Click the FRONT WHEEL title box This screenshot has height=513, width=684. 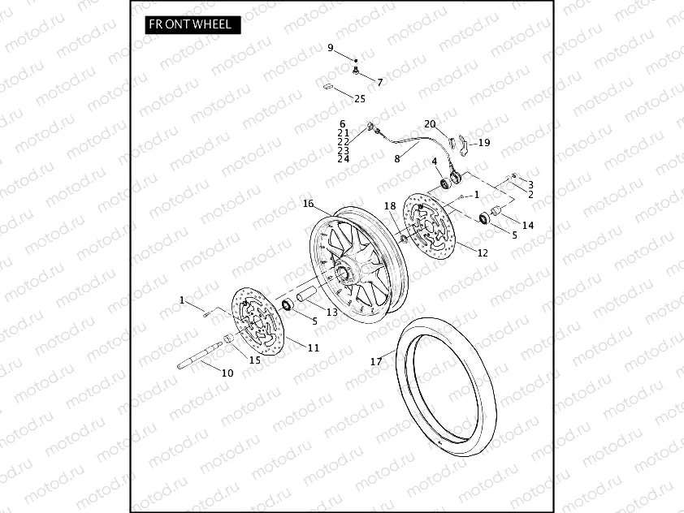tap(189, 24)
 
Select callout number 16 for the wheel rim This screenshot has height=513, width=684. tap(308, 203)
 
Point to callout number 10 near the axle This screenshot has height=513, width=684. tap(227, 373)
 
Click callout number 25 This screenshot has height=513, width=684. tap(360, 99)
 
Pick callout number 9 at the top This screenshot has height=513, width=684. tap(331, 48)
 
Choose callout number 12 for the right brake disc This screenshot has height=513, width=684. tap(483, 252)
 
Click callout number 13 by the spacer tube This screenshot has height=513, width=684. tap(331, 312)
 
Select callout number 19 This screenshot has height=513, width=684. tap(484, 143)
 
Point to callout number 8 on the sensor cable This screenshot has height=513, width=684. tap(397, 159)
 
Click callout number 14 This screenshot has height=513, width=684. tap(528, 225)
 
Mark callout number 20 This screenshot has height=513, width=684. tap(430, 124)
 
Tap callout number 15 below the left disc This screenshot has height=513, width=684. tap(255, 360)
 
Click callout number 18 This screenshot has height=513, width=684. tap(389, 206)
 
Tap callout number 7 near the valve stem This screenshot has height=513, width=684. tap(379, 82)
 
